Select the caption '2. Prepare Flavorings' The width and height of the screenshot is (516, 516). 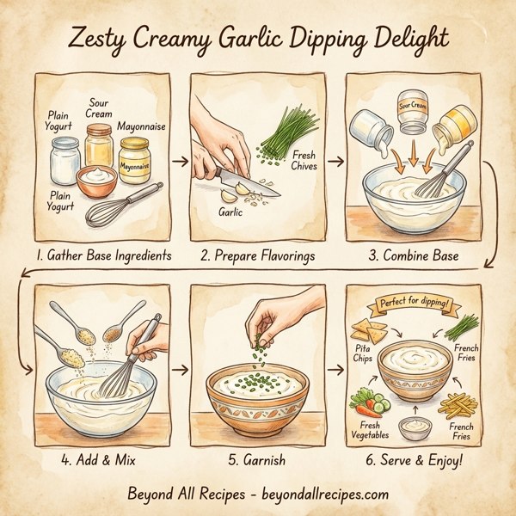[x=259, y=255]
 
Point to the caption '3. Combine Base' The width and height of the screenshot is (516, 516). [x=413, y=255]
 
